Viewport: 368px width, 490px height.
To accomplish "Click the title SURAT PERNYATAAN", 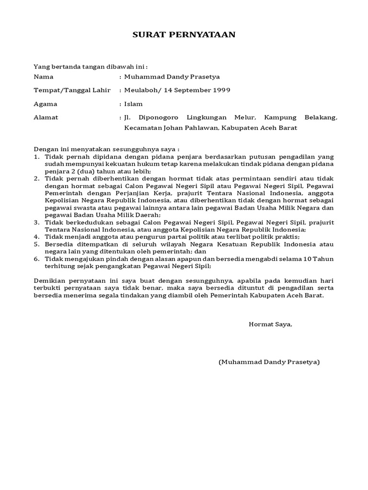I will click(x=184, y=35).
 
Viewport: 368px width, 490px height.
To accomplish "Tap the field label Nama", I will click(x=44, y=77).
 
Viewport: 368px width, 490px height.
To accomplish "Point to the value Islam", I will click(x=134, y=104).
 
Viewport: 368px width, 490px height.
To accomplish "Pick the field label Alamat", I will click(x=46, y=117).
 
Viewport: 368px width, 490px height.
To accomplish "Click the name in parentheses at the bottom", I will click(x=269, y=362).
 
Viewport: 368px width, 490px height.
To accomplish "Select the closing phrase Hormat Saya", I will click(x=270, y=324).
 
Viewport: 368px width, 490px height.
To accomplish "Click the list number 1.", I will click(x=36, y=156).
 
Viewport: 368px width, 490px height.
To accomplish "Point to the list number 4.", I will click(x=36, y=237).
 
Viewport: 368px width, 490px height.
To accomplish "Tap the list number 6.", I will click(x=36, y=259).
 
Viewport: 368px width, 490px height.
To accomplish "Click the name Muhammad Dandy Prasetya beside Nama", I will click(x=166, y=77).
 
